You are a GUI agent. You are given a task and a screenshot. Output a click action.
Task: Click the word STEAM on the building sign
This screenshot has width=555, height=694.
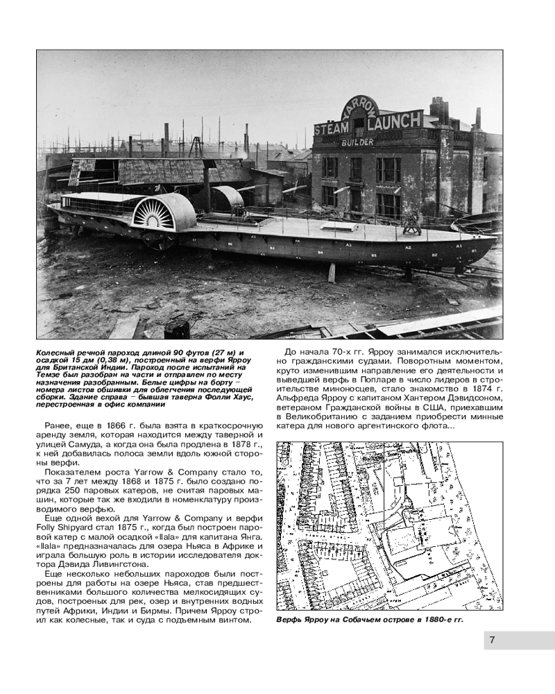334,129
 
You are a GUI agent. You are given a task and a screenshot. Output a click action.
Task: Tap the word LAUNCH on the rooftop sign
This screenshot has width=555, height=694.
393,121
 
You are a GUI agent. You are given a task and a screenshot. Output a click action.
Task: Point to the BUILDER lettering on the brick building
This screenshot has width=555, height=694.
357,142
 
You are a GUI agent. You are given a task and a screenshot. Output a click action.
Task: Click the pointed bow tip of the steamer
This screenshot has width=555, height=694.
495,239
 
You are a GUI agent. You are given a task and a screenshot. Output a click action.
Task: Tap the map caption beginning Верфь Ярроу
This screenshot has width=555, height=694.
368,619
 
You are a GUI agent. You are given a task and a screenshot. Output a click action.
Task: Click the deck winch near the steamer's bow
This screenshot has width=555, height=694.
411,226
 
